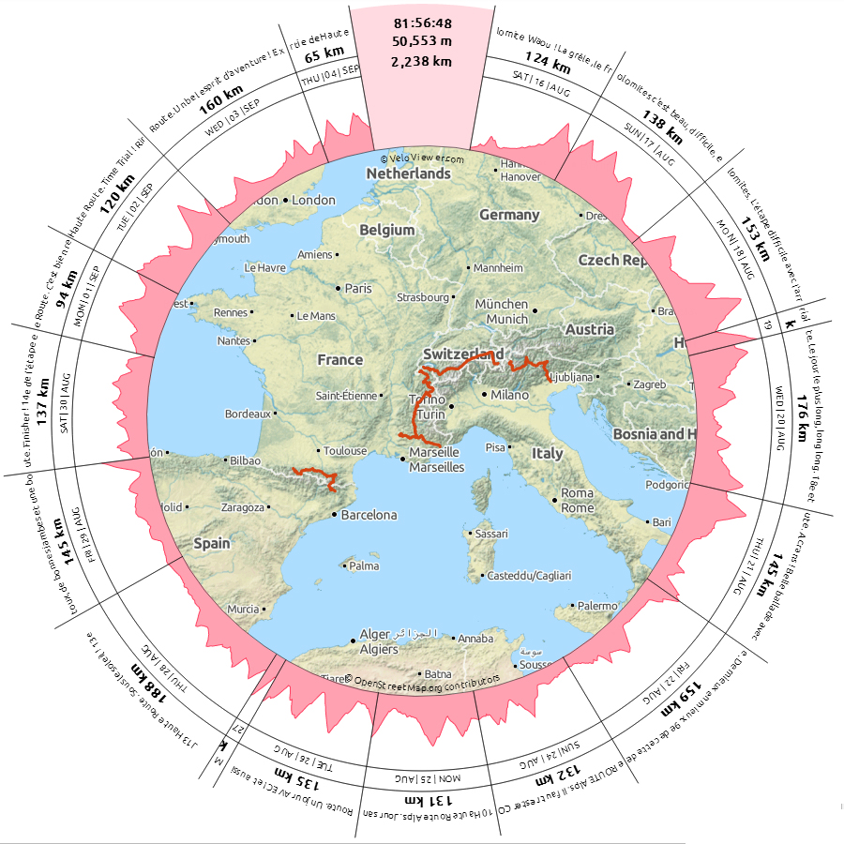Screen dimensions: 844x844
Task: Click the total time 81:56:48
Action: pyautogui.click(x=424, y=22)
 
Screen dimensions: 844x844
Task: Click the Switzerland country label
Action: pyautogui.click(x=457, y=354)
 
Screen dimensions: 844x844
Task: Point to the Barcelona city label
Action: pyautogui.click(x=369, y=515)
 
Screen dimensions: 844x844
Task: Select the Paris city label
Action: pyautogui.click(x=358, y=288)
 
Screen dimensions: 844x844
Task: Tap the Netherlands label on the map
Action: pyautogui.click(x=408, y=173)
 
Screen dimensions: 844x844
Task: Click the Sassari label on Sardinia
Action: pyautogui.click(x=491, y=534)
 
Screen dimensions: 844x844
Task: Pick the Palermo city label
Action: pyautogui.click(x=597, y=606)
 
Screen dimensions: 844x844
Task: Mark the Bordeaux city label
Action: pyautogui.click(x=248, y=414)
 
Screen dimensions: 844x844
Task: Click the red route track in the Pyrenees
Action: pyautogui.click(x=314, y=473)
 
